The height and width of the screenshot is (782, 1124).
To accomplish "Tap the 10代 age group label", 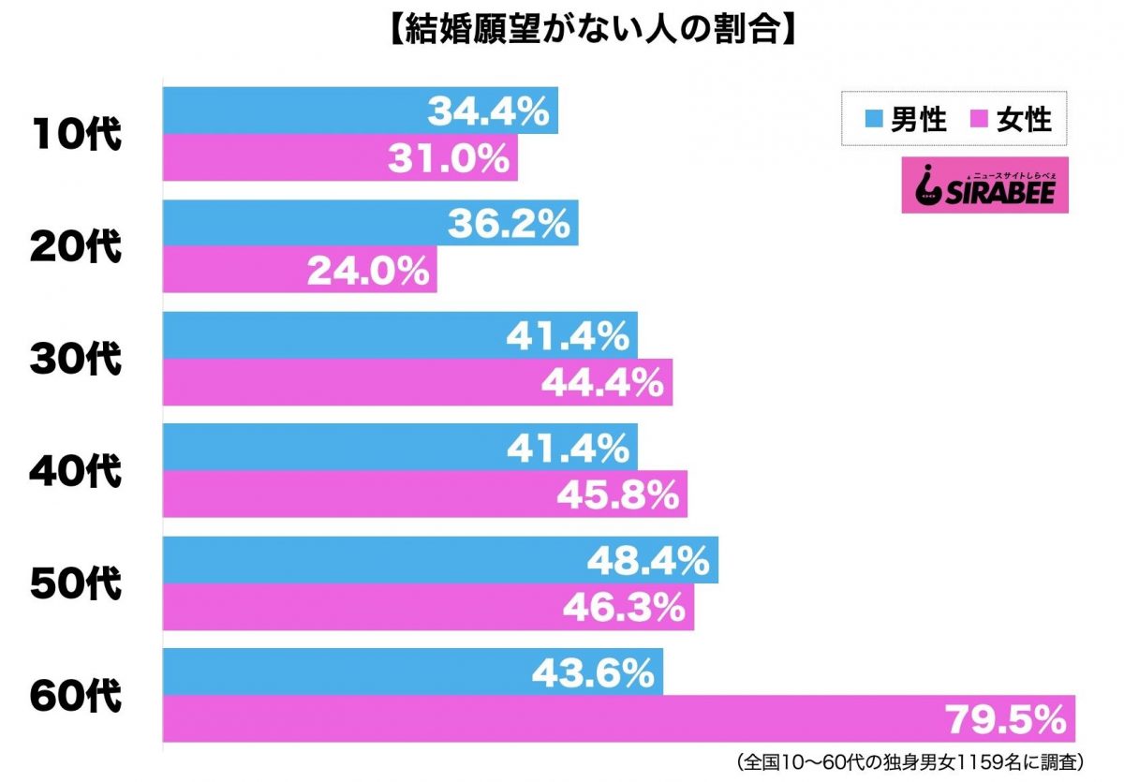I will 76,135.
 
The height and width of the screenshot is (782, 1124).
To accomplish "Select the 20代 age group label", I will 76,247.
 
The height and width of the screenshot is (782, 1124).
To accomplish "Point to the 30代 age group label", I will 76,360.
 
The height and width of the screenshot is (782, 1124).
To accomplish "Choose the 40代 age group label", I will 76,472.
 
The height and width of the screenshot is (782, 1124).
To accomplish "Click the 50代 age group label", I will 76,584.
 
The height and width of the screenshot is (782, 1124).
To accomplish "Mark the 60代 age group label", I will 76,697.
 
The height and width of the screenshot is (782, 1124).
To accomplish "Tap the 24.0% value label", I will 368,271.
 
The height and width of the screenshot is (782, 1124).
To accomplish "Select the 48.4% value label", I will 648,561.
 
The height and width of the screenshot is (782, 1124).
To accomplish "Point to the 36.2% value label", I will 509,224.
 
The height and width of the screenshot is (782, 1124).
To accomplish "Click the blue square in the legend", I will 873,120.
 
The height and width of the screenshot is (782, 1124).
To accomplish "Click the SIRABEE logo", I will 983,184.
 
